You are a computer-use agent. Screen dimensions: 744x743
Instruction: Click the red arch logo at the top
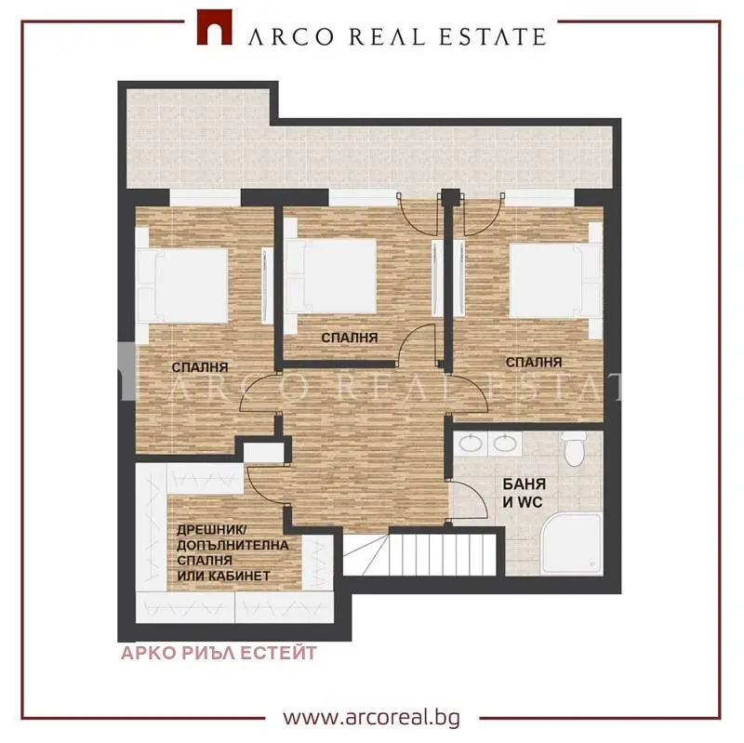coord(215,28)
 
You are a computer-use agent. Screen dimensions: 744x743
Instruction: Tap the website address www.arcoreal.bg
coord(371,717)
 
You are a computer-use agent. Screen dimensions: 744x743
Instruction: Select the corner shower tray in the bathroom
coord(572,543)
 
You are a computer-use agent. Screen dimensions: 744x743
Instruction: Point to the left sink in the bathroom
coord(472,444)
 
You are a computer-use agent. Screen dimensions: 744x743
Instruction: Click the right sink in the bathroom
coord(505,444)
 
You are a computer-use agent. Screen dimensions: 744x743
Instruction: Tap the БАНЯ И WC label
coord(524,493)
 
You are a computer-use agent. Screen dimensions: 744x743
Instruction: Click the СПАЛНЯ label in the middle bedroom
coord(350,338)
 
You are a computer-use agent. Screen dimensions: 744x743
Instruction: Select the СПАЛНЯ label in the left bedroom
coord(200,367)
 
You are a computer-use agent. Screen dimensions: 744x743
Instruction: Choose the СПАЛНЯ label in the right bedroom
coord(534,363)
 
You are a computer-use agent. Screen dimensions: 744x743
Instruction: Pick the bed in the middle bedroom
coord(330,275)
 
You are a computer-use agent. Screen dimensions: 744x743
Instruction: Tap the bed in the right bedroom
coord(556,281)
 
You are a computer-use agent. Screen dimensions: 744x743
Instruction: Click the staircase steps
coord(420,554)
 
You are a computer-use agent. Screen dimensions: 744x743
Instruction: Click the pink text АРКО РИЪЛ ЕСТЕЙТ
coord(219,653)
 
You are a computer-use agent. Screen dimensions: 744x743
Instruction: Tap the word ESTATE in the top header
coord(493,37)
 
